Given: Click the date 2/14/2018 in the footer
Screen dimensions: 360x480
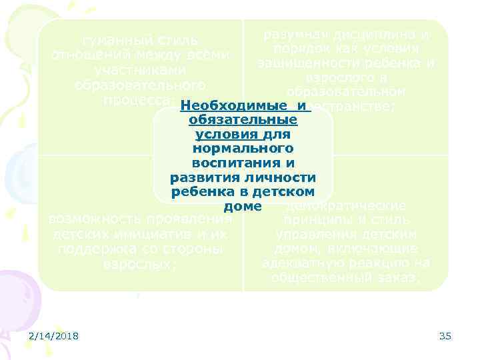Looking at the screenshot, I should coord(54,336).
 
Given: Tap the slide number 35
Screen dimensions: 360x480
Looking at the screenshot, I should coord(445,336).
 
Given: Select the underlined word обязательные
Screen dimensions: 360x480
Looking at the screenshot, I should coord(243,121).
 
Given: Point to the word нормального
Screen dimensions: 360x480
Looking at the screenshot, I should coord(243,149).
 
